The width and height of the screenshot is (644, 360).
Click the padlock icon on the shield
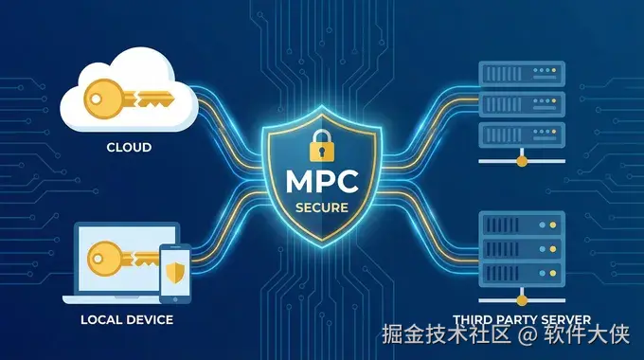pos(322,147)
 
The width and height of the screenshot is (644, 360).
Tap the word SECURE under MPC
pos(322,207)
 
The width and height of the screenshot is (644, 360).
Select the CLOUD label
pos(130,148)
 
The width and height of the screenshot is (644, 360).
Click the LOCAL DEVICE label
pos(128,319)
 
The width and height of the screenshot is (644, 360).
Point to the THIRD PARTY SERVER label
pos(522,319)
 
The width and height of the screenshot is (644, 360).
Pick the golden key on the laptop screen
pos(123,259)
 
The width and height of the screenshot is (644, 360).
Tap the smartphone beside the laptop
pos(175,270)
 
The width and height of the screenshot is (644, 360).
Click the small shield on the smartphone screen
pos(175,272)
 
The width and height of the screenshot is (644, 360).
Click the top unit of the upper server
pos(522,72)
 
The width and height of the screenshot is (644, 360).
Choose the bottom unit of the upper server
pos(522,132)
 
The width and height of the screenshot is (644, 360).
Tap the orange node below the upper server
pos(522,162)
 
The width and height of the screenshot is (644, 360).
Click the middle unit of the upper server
pos(522,102)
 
